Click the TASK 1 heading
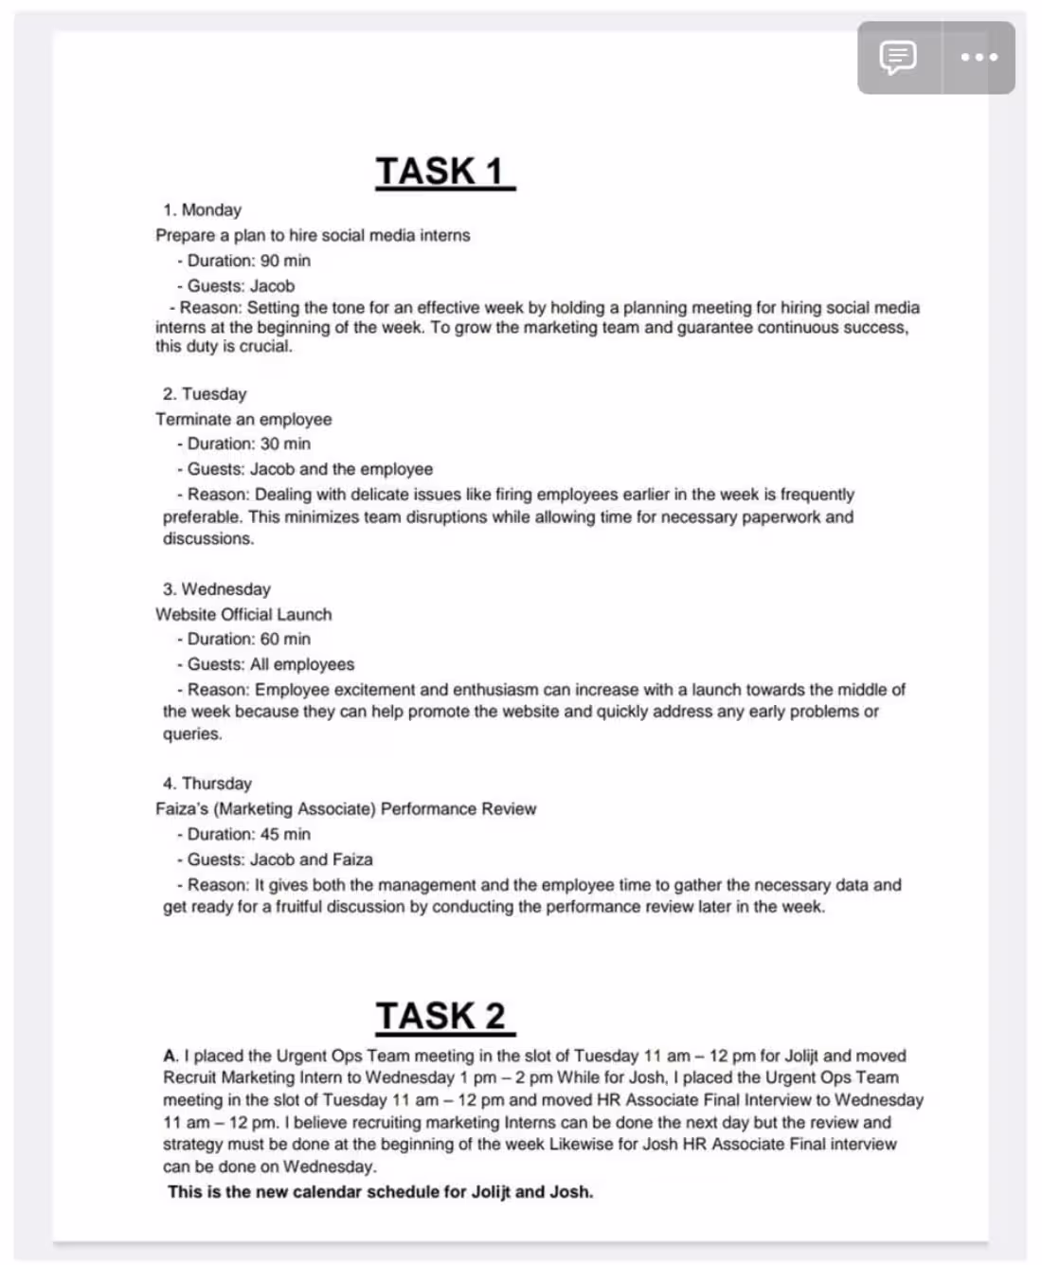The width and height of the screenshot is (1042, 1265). coord(443,172)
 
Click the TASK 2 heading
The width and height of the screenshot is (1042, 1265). coord(443,1016)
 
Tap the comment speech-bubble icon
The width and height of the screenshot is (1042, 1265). coord(898,57)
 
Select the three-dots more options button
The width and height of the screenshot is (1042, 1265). coord(979,57)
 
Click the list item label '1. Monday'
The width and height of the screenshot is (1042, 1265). coord(202,209)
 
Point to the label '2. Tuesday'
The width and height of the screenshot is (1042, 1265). coord(205,393)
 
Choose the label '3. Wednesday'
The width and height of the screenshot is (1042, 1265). coord(216,588)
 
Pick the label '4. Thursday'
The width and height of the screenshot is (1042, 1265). coord(207,784)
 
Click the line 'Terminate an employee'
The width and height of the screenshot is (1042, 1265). coord(243,419)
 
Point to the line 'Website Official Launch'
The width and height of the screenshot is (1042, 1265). coord(243,614)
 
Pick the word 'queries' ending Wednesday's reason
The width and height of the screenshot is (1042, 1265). coord(191,734)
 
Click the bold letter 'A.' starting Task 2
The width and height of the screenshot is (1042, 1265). coord(171,1056)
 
